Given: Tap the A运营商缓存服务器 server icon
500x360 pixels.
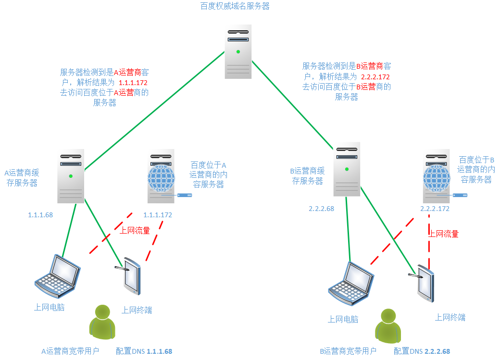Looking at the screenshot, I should [x=71, y=177].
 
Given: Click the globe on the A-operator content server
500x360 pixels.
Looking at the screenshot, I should [x=161, y=179].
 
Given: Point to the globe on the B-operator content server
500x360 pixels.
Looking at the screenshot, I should [x=436, y=179].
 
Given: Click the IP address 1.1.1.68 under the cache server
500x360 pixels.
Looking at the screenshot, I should [x=40, y=215].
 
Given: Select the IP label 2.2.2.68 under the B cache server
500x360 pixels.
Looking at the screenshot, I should [x=321, y=209].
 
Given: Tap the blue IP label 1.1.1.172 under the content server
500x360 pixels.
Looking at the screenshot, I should [x=158, y=215].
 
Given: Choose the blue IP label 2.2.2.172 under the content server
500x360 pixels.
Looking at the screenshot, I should [x=435, y=209].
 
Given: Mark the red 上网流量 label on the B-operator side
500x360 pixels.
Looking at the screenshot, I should [x=443, y=234].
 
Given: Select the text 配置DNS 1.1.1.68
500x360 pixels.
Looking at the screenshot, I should [x=144, y=351].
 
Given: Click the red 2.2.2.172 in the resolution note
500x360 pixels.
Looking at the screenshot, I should [x=375, y=77].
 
